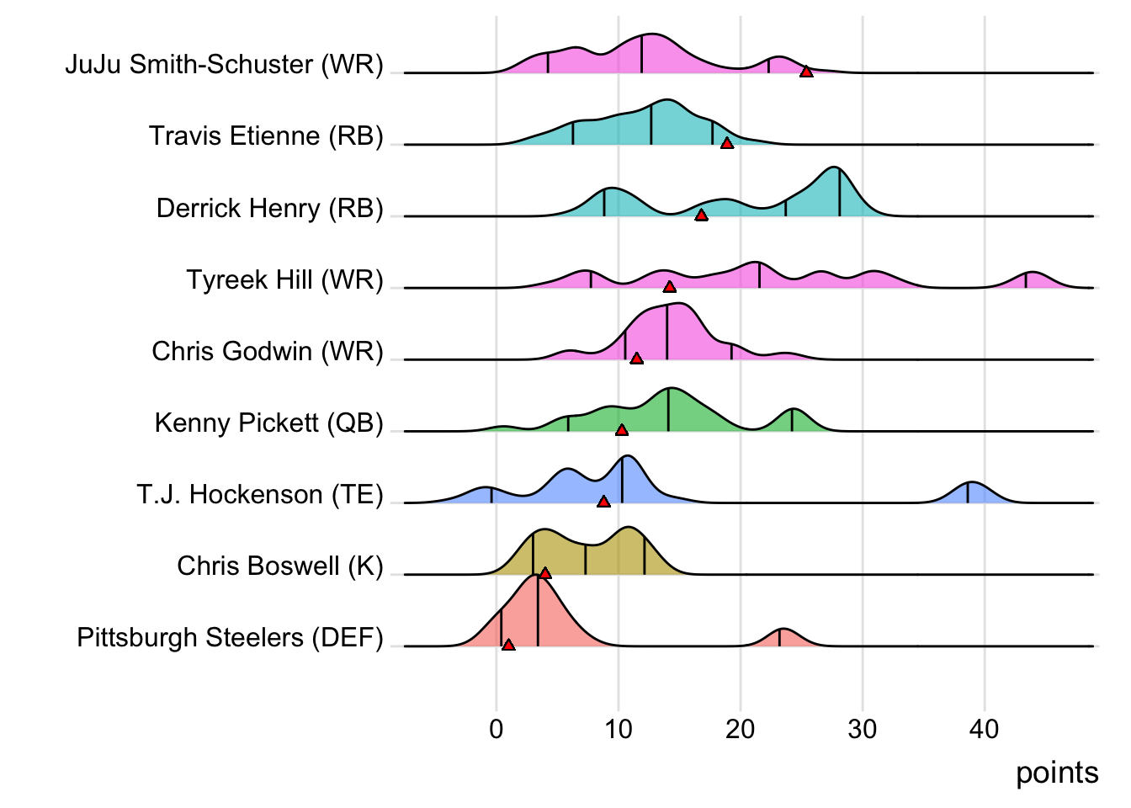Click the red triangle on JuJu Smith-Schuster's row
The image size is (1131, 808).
click(x=806, y=72)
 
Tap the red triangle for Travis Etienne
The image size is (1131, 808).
click(x=727, y=143)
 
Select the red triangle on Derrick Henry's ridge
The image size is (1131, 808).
click(x=701, y=215)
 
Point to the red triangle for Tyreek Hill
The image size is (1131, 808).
click(x=669, y=287)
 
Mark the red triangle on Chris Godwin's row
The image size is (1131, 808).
click(x=636, y=359)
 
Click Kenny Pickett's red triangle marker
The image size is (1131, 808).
click(x=622, y=430)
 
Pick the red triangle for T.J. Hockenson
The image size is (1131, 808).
click(x=603, y=502)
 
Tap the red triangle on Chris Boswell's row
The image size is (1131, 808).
click(x=544, y=573)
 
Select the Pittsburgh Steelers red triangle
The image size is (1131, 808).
click(x=508, y=645)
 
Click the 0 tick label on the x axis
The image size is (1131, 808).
click(x=496, y=729)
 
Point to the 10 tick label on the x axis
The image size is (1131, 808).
click(x=619, y=729)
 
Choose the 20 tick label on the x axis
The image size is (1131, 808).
click(x=741, y=729)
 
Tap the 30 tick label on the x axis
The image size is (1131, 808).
click(x=863, y=729)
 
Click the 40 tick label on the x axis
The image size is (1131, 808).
click(x=984, y=729)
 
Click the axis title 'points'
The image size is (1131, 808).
click(x=1057, y=773)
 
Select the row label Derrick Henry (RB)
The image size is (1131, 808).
click(x=269, y=208)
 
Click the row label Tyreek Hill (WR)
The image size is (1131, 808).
click(x=284, y=279)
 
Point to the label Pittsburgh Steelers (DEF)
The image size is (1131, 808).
click(x=230, y=637)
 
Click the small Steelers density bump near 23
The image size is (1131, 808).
click(x=783, y=638)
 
